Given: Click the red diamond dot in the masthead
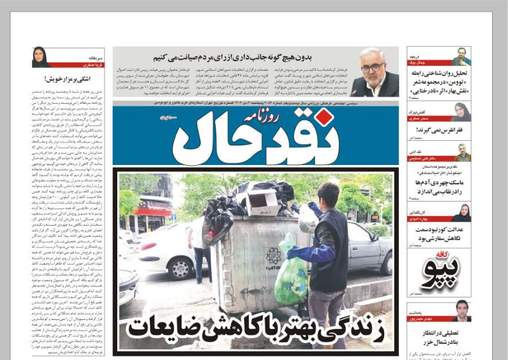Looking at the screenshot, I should coord(322,117).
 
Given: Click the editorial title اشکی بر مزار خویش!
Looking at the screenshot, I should coord(68,78).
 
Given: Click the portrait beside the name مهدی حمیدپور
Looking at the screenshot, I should coord(461,311).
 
